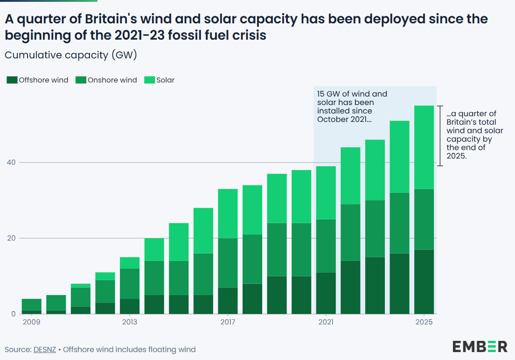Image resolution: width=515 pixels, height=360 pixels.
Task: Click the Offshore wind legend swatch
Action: (x=12, y=80)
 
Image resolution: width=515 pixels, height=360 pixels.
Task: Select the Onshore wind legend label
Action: (x=112, y=80)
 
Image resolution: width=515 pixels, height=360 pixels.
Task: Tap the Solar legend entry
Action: (x=165, y=80)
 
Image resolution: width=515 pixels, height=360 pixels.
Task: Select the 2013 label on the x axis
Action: (x=130, y=322)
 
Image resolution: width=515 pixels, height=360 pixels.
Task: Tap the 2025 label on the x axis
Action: (x=424, y=322)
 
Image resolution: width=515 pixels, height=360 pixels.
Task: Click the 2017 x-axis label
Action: (x=228, y=322)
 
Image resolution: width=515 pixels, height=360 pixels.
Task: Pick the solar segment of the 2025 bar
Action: (x=424, y=147)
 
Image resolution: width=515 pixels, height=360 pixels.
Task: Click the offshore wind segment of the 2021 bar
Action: (x=326, y=293)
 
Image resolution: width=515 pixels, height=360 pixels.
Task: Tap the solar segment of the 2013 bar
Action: (x=130, y=263)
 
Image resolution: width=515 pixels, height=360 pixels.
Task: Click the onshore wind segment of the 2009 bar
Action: (x=31, y=304)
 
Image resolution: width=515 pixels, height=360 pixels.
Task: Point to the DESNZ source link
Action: (x=45, y=349)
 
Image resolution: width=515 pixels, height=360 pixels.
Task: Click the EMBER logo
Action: (x=480, y=346)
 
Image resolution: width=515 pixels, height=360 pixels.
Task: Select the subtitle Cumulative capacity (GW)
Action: (x=70, y=55)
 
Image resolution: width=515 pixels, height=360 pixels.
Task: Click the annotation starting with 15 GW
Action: (x=352, y=106)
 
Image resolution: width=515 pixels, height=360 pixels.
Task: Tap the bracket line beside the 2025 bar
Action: (x=439, y=135)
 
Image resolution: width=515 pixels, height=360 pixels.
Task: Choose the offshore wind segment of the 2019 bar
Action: (x=277, y=295)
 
